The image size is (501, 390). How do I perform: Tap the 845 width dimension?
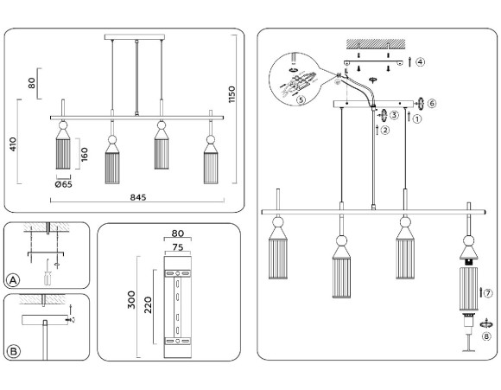tap(138, 197)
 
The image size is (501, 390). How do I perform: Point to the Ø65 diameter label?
tap(63, 184)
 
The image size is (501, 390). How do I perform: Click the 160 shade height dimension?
tap(85, 153)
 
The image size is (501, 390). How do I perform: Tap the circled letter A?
tap(13, 279)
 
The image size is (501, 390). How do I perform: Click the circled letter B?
tap(13, 351)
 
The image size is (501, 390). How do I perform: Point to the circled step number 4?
tap(420, 62)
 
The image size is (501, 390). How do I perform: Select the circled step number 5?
tap(300, 99)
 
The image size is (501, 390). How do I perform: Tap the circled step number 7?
tap(488, 293)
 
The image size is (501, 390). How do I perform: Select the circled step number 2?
tap(384, 131)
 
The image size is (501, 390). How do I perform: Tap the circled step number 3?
tap(393, 115)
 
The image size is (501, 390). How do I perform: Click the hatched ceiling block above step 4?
tap(376, 42)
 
